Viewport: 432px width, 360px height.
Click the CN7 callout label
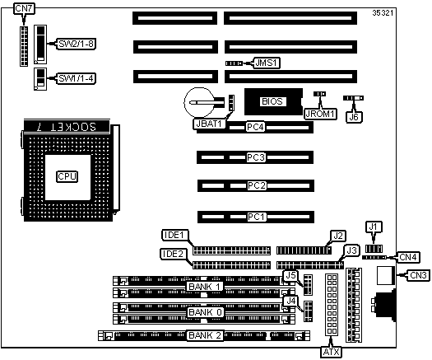point(24,8)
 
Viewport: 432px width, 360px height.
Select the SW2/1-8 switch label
point(76,44)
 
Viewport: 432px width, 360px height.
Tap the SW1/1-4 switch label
point(76,78)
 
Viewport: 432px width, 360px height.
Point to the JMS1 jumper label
point(266,63)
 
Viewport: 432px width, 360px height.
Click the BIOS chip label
point(272,101)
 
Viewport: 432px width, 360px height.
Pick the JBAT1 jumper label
point(209,124)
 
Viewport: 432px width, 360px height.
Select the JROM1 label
point(320,114)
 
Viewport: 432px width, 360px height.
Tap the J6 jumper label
point(354,117)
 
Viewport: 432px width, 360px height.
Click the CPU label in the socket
point(67,176)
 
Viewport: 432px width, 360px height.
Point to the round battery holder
point(199,102)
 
